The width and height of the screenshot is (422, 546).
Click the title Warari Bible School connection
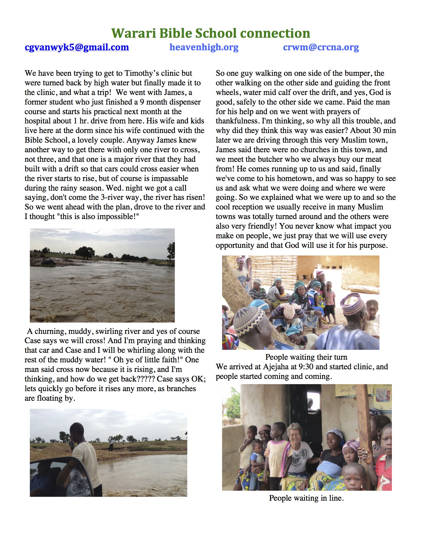[211, 33]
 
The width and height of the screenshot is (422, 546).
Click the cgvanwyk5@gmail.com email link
[76, 47]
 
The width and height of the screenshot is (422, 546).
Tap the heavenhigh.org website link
[204, 47]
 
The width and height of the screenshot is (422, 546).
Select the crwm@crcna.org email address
[321, 47]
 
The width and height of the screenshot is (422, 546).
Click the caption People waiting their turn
[306, 357]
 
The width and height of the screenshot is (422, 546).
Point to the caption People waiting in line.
[306, 498]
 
